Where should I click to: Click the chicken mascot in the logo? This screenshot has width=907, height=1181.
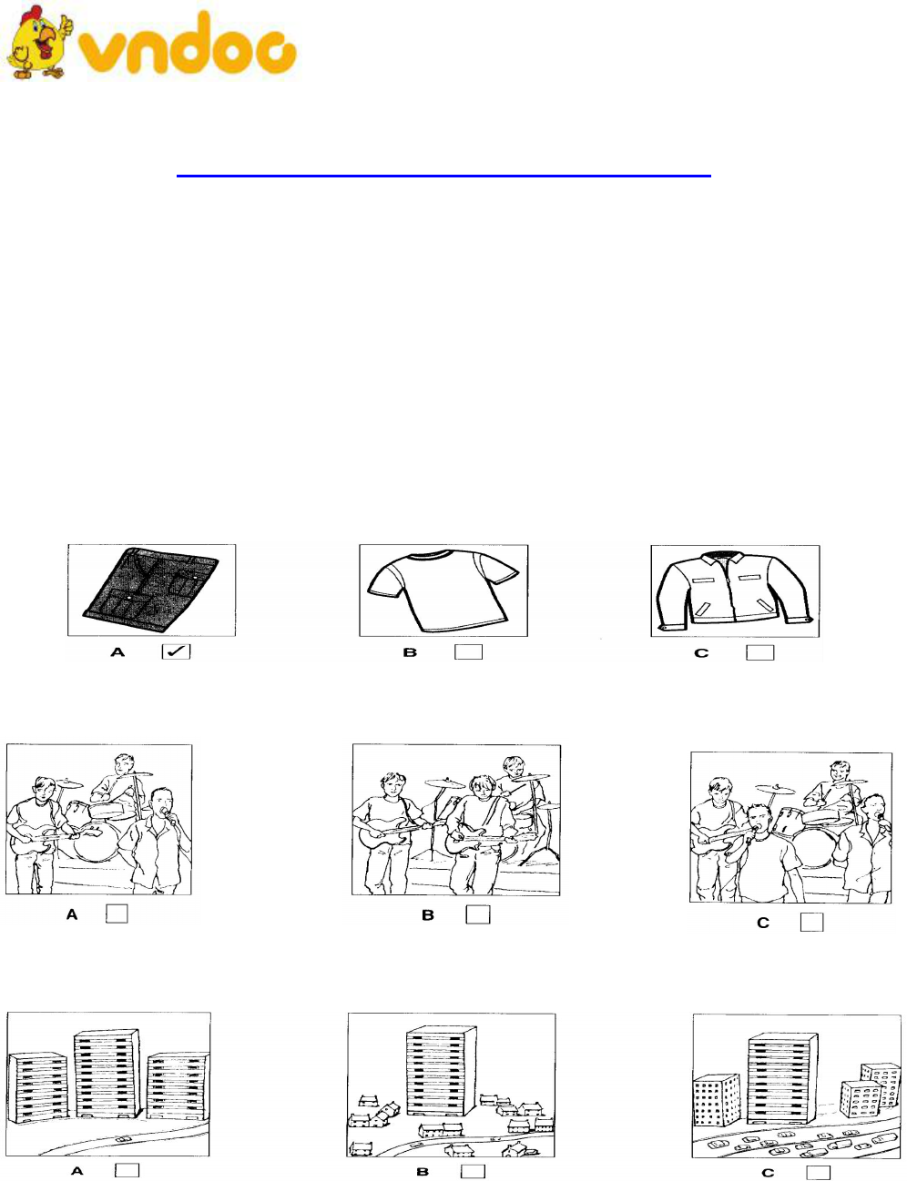coord(39,43)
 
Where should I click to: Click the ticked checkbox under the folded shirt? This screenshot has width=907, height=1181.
coord(176,651)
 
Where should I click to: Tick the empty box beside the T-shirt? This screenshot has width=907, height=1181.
coord(468,651)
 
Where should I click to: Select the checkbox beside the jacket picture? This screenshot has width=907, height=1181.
coord(759,652)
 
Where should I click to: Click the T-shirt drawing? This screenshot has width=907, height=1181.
coord(443,590)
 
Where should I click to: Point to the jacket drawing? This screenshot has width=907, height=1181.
coord(735,591)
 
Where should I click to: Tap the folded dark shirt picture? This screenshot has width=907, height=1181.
coord(151,590)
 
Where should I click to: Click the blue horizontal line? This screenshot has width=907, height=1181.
coord(443,176)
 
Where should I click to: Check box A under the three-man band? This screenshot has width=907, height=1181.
coord(117,914)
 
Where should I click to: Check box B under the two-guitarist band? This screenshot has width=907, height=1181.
coord(478,914)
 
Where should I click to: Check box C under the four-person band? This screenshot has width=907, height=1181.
coord(812,922)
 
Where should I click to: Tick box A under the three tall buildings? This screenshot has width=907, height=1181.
coord(127,1169)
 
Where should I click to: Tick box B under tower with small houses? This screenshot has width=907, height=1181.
coord(473,1171)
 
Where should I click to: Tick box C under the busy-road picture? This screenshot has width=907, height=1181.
coord(819,1172)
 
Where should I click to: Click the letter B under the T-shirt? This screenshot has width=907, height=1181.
coord(410,652)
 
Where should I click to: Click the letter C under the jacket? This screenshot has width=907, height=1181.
coord(701,652)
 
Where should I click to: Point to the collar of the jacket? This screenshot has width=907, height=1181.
coord(723,559)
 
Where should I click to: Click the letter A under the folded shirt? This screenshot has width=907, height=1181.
coord(118,651)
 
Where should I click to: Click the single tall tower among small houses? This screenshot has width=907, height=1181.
coord(441,1070)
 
